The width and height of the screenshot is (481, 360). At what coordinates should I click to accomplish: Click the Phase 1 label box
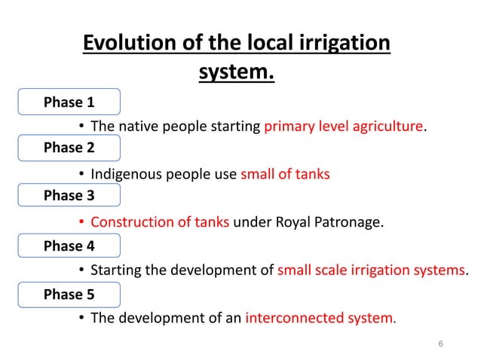pyautogui.click(x=69, y=102)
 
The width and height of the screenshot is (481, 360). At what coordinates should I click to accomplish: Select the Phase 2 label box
pyautogui.click(x=69, y=148)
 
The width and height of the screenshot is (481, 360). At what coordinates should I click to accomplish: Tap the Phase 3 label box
pyautogui.click(x=69, y=196)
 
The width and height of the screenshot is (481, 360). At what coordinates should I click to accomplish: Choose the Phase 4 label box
pyautogui.click(x=69, y=246)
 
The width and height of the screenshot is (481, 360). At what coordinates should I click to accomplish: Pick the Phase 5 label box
pyautogui.click(x=69, y=294)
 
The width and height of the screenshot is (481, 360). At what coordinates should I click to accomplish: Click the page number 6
pyautogui.click(x=440, y=344)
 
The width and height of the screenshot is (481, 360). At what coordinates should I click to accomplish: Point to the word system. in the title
pyautogui.click(x=236, y=74)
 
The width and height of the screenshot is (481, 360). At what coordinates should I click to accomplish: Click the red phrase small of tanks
pyautogui.click(x=285, y=175)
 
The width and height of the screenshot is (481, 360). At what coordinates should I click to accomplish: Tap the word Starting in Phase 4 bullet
pyautogui.click(x=115, y=270)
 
